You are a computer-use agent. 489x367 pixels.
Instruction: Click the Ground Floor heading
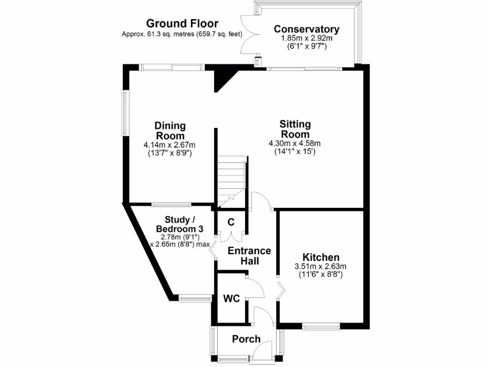coord(182,23)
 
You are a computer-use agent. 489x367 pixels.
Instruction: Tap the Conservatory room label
coord(307,29)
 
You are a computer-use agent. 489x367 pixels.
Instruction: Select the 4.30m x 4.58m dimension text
coord(295,143)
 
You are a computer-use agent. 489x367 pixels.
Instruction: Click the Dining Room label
coord(170,130)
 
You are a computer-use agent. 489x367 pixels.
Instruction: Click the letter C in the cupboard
coord(231,222)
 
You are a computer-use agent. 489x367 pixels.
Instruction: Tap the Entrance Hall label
coord(249,256)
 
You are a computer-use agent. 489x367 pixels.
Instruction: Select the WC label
coord(232,299)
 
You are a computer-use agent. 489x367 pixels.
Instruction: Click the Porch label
coord(246,339)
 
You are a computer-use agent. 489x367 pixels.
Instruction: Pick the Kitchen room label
coord(321,258)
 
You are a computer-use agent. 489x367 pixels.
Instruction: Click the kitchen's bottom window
coord(321,327)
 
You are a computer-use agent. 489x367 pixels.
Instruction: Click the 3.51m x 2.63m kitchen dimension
coord(321,267)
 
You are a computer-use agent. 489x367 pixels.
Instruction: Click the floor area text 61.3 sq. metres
coord(182,34)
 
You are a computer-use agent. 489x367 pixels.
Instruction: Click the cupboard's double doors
coord(231,236)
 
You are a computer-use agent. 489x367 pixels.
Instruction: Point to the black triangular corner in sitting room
coord(222,79)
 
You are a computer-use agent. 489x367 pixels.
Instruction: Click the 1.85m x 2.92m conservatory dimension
coord(307,39)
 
